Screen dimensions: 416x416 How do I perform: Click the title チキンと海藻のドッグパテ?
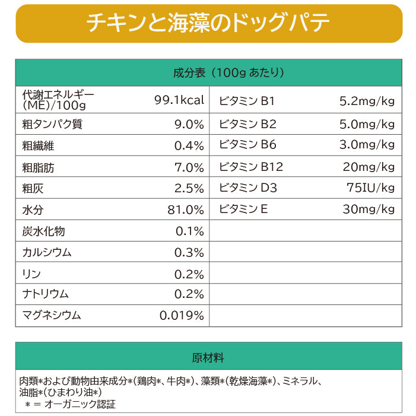(x=208, y=23)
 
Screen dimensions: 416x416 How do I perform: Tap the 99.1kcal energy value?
(x=179, y=100)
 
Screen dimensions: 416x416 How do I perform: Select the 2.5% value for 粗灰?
(x=189, y=189)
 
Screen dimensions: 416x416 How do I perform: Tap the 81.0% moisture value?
(x=186, y=209)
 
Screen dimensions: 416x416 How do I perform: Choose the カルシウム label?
(x=47, y=252)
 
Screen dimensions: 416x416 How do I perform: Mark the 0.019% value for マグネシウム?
(x=182, y=316)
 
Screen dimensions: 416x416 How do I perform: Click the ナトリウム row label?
(x=46, y=294)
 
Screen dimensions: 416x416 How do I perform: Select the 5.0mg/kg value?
(x=367, y=125)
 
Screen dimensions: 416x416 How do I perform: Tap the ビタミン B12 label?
(x=251, y=167)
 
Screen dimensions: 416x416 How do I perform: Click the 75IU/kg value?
(x=370, y=189)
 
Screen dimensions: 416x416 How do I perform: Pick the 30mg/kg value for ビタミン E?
(x=369, y=209)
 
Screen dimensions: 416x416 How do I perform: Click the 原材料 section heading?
(x=208, y=358)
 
